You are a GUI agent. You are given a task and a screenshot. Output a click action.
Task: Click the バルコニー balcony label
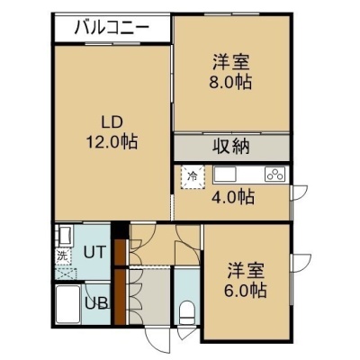point(112,28)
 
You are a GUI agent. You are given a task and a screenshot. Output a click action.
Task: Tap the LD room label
point(112,122)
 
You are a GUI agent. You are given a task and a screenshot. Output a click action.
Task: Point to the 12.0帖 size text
point(112,141)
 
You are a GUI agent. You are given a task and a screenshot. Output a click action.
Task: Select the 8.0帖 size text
point(230,81)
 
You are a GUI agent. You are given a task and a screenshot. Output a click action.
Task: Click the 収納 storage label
point(231,147)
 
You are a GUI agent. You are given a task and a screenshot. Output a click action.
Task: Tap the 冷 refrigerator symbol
point(193,176)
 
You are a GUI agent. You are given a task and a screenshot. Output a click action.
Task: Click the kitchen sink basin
point(225,174)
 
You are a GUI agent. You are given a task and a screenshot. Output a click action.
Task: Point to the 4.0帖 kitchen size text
point(233,197)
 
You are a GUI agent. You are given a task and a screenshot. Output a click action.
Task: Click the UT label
point(94,252)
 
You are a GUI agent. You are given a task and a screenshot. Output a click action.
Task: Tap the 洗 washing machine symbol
point(63,256)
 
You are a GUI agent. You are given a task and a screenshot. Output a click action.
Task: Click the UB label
point(96,303)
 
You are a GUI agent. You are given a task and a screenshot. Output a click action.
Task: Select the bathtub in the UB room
point(67,304)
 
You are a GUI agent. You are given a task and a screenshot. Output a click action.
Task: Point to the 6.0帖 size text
point(245,290)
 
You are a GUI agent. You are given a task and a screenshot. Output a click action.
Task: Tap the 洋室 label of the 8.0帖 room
point(230,62)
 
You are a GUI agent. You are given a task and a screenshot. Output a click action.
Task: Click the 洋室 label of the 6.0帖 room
point(246,271)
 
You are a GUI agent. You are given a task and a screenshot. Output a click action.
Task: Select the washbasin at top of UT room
point(64,236)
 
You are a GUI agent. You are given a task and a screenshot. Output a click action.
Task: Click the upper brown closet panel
point(120,251)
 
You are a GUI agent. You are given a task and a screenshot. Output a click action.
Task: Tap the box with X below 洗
point(66,274)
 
